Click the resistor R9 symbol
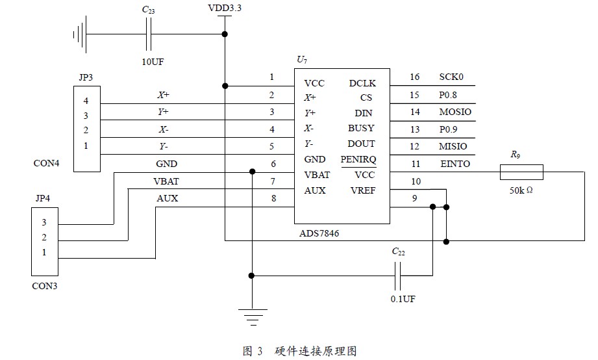coord(521,172)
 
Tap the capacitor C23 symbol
coord(148,34)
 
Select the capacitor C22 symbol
coord(398,276)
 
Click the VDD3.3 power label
coord(225,8)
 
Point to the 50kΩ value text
coord(521,190)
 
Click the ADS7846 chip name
coord(319,233)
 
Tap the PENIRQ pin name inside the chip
coord(358,159)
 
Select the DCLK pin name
coord(362,83)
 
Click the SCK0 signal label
coord(451,77)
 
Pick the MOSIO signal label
coord(455,112)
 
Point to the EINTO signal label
coord(455,164)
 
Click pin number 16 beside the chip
coord(414,77)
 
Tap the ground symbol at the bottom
coord(253,317)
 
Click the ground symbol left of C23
coord(80,34)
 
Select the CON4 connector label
coord(47,163)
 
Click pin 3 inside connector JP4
coord(44,222)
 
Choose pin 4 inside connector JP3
coord(86,101)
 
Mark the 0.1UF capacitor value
coord(403,299)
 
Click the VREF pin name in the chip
coord(363,190)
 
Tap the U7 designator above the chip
coord(302,60)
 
